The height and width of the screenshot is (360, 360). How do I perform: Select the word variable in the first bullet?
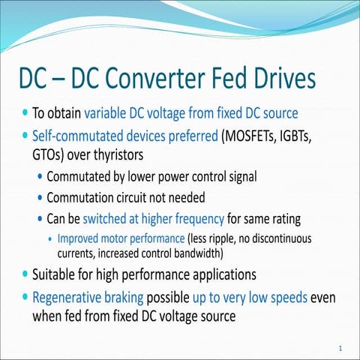(x=108, y=114)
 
